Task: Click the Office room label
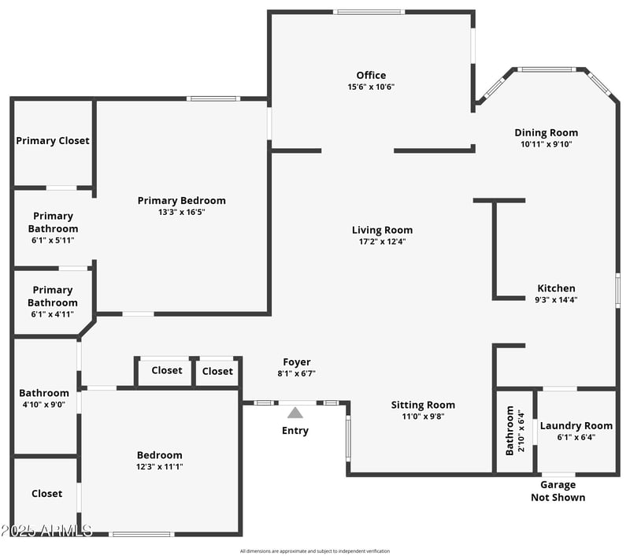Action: [371, 76]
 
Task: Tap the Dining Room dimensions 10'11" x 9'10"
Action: [546, 144]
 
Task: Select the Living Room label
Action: [382, 230]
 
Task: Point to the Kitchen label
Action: [556, 288]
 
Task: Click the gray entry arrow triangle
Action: [295, 412]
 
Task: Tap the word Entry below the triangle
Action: [295, 431]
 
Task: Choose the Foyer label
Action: [297, 362]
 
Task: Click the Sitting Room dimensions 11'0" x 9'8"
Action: [423, 417]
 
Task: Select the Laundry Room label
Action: [576, 426]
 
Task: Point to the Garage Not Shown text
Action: [558, 491]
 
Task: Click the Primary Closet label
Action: [53, 141]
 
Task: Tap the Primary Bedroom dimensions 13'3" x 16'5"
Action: [181, 212]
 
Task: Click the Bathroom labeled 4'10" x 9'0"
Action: [44, 398]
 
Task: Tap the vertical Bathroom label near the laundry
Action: [510, 431]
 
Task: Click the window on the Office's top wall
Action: [369, 12]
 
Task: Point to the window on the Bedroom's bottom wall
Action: [142, 535]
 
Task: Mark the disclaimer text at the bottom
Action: [315, 551]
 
